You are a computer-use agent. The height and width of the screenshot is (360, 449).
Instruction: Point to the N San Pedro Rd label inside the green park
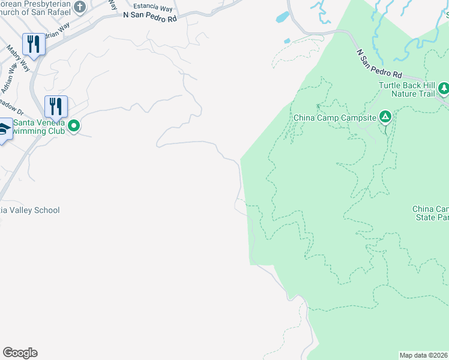tap(379, 64)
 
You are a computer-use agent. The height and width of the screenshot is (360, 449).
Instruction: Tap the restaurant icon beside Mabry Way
tap(34, 45)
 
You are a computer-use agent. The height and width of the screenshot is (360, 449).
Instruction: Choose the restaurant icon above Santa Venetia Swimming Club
tap(56, 107)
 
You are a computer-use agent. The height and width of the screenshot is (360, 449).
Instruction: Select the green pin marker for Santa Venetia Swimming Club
tap(74, 126)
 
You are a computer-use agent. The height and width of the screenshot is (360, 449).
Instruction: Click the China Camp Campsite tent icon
tap(385, 116)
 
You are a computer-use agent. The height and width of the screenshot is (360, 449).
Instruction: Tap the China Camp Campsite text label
tap(334, 117)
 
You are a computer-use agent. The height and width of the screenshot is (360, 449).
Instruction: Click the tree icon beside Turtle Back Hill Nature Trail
tap(444, 89)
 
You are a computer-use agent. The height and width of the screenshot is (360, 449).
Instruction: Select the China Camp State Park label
tap(430, 213)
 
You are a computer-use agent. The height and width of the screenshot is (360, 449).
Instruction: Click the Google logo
tap(20, 353)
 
